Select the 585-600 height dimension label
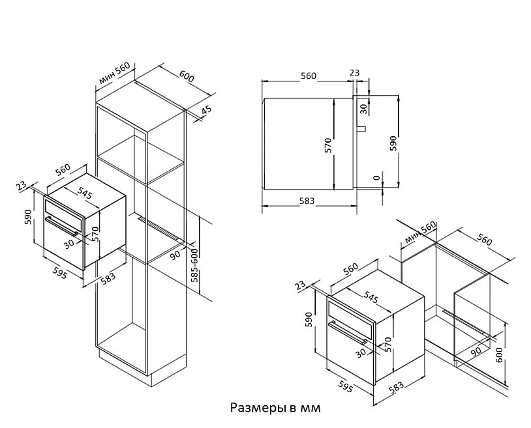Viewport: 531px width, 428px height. coord(194,264)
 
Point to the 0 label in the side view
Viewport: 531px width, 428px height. coord(376,177)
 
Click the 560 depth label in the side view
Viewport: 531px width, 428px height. coord(309,76)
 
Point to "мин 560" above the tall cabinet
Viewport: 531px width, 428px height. coord(115,75)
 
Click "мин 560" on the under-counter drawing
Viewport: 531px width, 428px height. coord(418,232)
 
